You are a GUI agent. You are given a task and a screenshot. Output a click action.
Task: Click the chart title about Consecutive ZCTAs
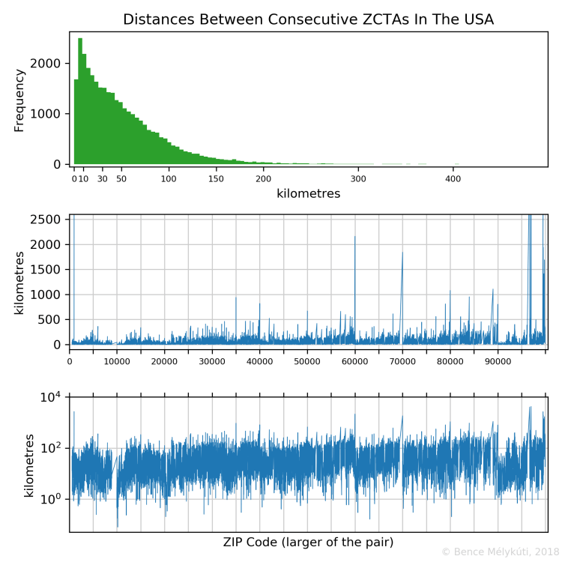[308, 19]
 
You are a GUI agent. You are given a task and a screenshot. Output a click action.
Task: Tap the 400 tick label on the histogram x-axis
[453, 179]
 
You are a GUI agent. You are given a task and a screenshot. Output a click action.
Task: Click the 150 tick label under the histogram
[216, 179]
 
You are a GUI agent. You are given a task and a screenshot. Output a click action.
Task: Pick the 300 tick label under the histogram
[358, 179]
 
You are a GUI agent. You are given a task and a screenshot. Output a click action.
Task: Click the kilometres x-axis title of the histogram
[308, 193]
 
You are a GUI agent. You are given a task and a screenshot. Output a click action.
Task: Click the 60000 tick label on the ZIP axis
[354, 361]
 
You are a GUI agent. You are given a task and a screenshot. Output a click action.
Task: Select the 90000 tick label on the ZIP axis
[497, 361]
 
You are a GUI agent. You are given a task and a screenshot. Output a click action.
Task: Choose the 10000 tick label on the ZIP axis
[117, 361]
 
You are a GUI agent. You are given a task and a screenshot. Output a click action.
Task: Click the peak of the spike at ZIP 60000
[355, 237]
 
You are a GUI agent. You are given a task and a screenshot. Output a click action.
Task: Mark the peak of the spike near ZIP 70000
[402, 253]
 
